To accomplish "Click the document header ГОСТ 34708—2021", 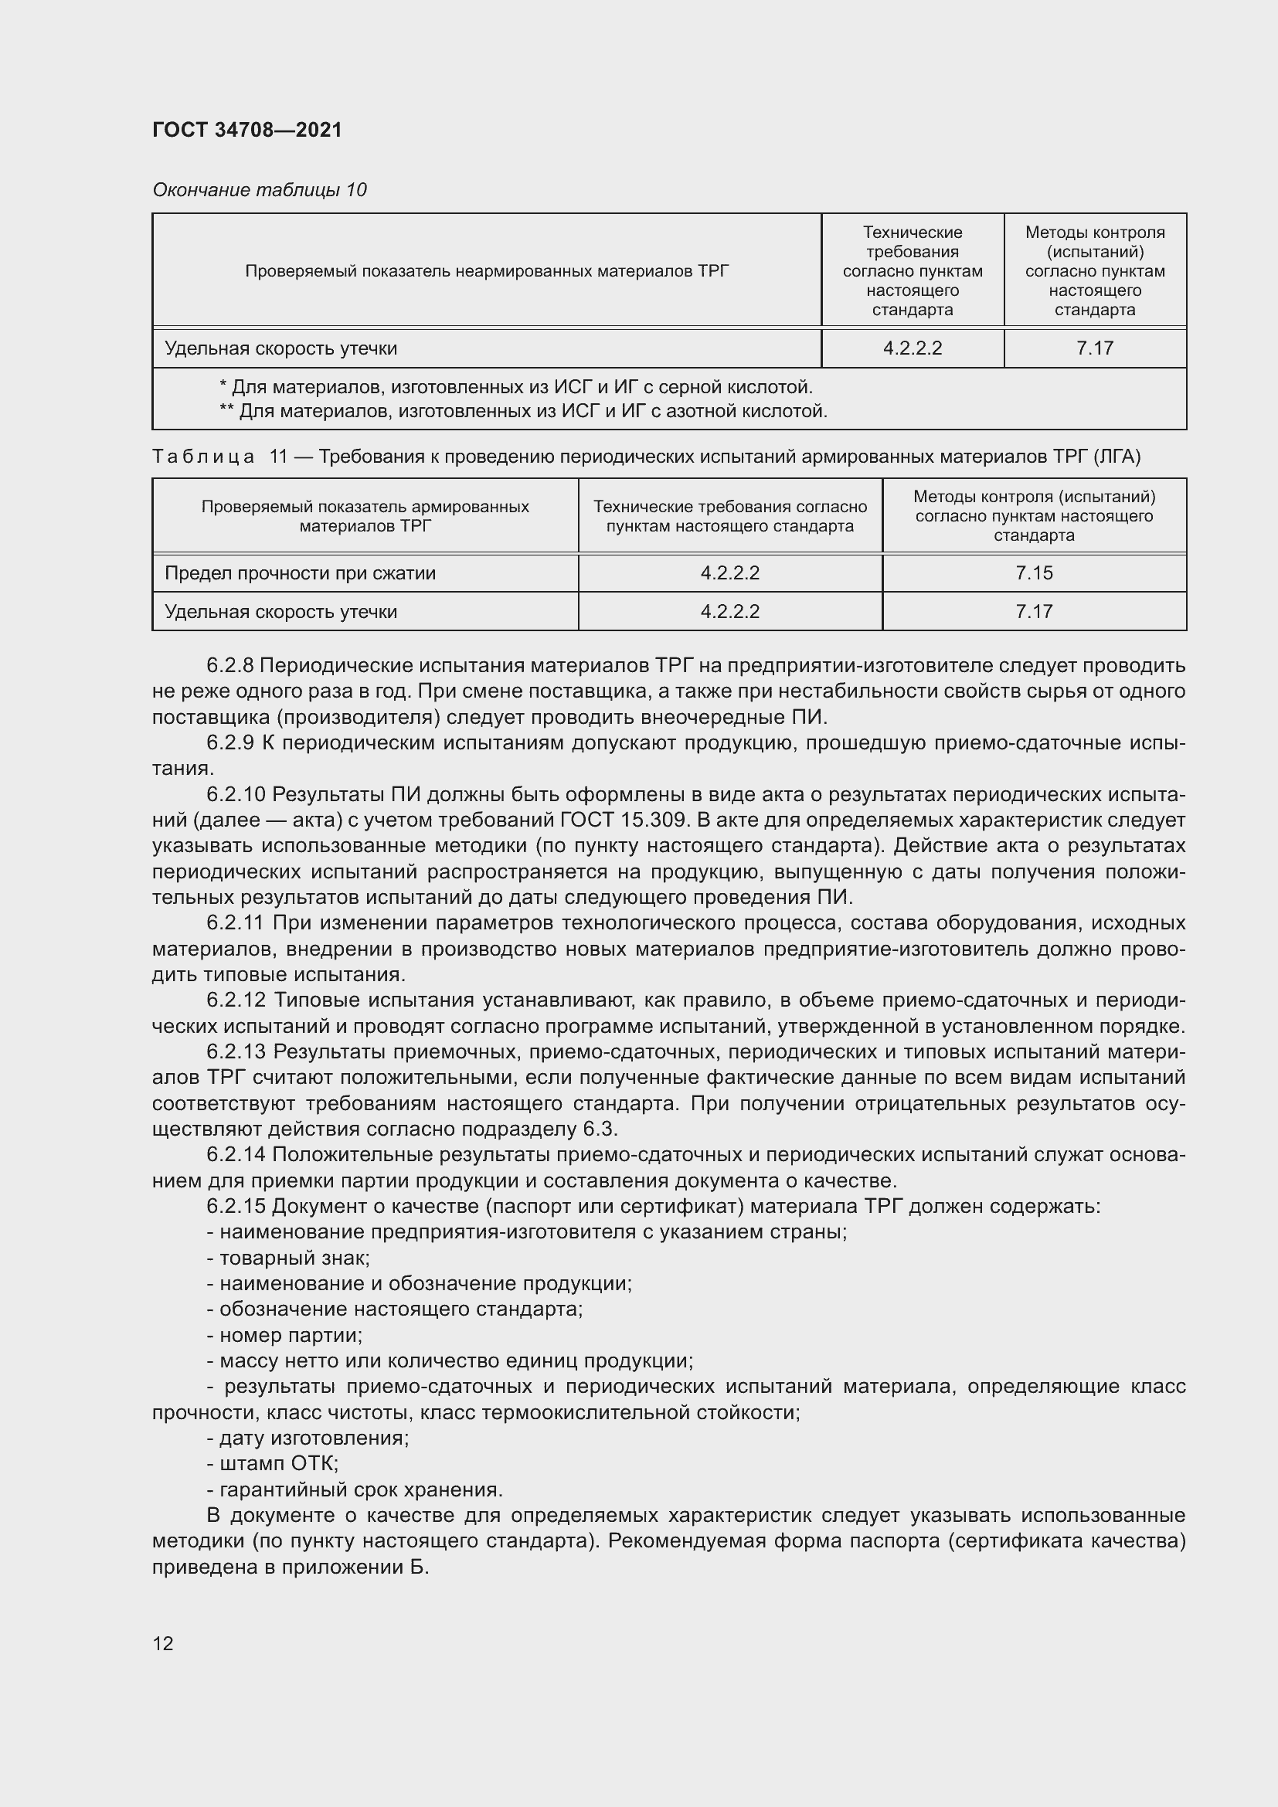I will coord(247,130).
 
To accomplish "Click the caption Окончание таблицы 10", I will coord(259,190).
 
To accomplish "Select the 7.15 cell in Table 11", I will coord(1033,573).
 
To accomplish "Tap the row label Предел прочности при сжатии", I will coord(300,573).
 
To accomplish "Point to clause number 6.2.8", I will coord(229,665).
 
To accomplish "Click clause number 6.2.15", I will coord(236,1206).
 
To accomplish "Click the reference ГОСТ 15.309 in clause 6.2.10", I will coord(626,820).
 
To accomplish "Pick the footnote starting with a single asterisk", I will coord(515,387).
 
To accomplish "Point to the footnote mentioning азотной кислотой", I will coord(522,411).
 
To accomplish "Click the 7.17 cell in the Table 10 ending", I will coord(1094,348).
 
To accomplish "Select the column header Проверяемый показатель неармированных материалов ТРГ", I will coord(486,270).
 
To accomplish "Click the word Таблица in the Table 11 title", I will coord(203,457).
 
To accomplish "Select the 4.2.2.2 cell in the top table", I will coord(912,348).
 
